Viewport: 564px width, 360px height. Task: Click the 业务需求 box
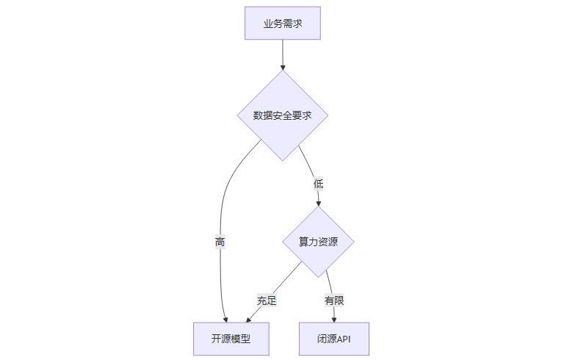coord(283,24)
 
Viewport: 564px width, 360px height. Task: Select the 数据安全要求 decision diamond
coord(283,115)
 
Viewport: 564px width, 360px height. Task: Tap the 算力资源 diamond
coord(319,242)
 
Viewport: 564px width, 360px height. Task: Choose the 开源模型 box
coord(231,339)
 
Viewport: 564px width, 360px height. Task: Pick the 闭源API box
coord(334,339)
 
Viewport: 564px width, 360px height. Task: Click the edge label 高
coord(220,242)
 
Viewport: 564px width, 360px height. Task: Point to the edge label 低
coord(318,183)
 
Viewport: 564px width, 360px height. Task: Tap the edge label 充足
coord(267,300)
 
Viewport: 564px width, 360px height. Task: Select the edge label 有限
coord(334,300)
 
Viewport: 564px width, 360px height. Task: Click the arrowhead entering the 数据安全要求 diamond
coord(283,68)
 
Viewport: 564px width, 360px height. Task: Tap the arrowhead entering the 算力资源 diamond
coord(319,203)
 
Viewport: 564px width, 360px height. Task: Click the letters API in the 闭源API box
coord(344,339)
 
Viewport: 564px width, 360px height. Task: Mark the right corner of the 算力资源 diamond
coord(355,242)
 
